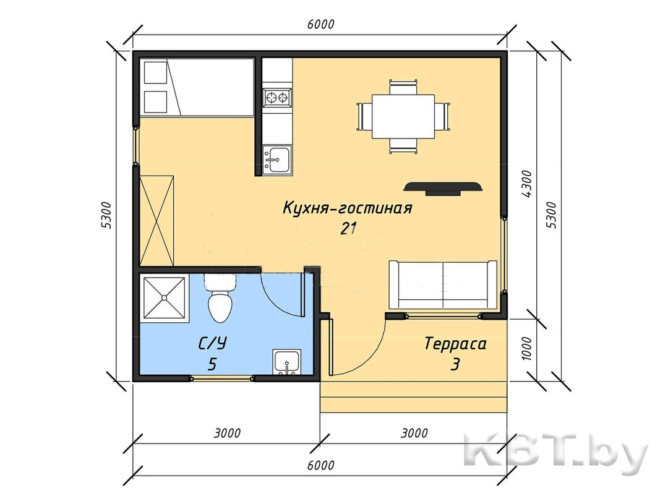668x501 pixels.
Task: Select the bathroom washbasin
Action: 287,362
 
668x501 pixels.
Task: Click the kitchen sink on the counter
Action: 277,160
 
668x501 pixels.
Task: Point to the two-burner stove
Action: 277,98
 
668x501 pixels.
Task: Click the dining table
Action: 403,116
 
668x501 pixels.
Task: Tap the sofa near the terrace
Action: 443,284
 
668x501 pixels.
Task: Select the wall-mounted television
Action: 443,188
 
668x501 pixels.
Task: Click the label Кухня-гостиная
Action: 347,208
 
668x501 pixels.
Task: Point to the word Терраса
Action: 455,343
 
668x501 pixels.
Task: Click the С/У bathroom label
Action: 212,343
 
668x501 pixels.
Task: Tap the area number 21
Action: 348,229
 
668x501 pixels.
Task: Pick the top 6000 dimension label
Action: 320,24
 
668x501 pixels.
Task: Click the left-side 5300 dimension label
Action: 107,215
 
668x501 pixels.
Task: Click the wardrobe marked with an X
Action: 156,220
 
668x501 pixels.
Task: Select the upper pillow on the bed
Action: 155,72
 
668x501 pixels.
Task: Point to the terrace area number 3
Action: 455,365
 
